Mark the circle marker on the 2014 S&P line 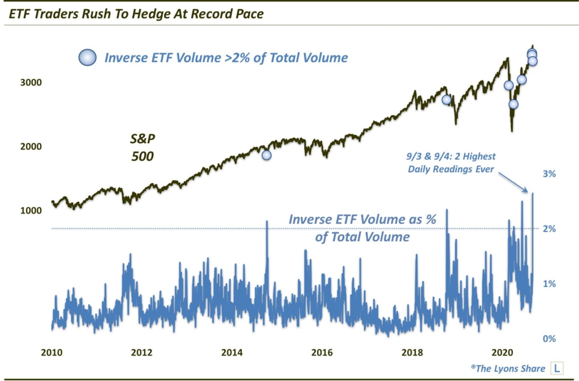(x=266, y=155)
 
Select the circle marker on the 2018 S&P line (x=446, y=100)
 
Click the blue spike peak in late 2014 (x=266, y=221)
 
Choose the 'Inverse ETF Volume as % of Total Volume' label (x=362, y=228)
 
